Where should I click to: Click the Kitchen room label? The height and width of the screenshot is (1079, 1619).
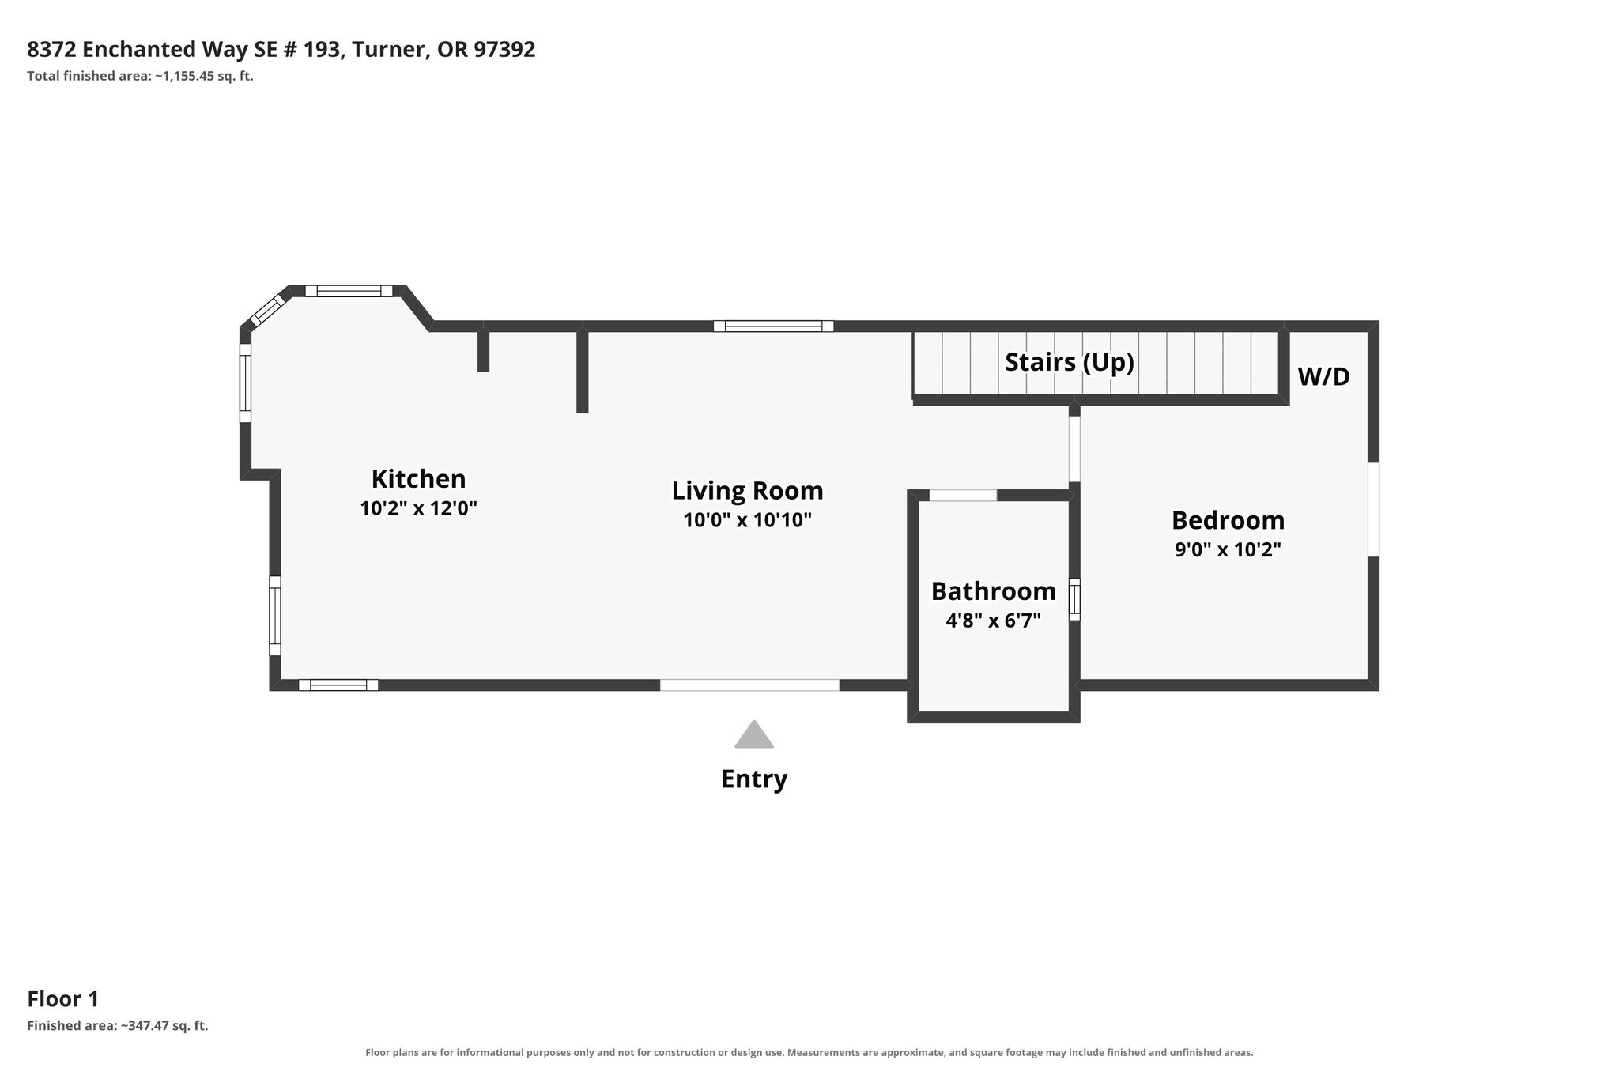click(x=418, y=479)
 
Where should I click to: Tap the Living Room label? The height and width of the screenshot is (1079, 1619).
click(x=747, y=491)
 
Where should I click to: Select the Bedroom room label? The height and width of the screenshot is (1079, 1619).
click(x=1228, y=520)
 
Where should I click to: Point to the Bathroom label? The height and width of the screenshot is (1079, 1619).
click(x=993, y=591)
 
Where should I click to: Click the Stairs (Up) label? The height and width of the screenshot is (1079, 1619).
click(x=1070, y=362)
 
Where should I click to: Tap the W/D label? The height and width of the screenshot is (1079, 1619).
click(x=1323, y=376)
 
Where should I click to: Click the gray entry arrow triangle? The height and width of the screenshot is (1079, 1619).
click(x=754, y=734)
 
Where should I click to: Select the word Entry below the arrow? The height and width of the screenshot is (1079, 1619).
click(x=754, y=779)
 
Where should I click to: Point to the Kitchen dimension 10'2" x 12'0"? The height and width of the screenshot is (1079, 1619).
click(x=419, y=508)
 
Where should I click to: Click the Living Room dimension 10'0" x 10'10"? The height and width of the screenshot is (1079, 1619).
click(x=748, y=520)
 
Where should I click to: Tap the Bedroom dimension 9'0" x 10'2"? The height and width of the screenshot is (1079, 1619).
click(x=1228, y=549)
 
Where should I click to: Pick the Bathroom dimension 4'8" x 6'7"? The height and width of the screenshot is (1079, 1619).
click(x=993, y=621)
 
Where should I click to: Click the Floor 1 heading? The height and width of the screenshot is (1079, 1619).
click(x=63, y=999)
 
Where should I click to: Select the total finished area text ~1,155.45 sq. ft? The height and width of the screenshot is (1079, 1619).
click(x=203, y=77)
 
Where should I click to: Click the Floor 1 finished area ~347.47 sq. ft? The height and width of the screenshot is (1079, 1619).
click(x=164, y=1026)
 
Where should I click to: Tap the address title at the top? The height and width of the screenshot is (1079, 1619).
click(x=281, y=49)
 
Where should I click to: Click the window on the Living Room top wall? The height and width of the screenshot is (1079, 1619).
click(x=773, y=326)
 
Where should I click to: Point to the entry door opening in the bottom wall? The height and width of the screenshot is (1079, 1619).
click(x=749, y=685)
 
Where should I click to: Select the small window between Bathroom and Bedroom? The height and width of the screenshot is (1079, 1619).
click(x=1074, y=599)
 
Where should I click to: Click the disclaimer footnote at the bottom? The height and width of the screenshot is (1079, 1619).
click(x=809, y=1053)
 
